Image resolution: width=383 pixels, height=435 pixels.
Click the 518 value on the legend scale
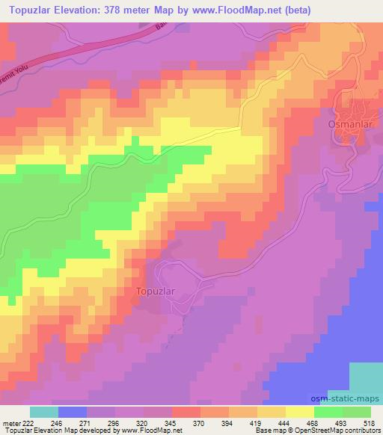[370, 422]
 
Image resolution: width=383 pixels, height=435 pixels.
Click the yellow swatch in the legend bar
[299, 412]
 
